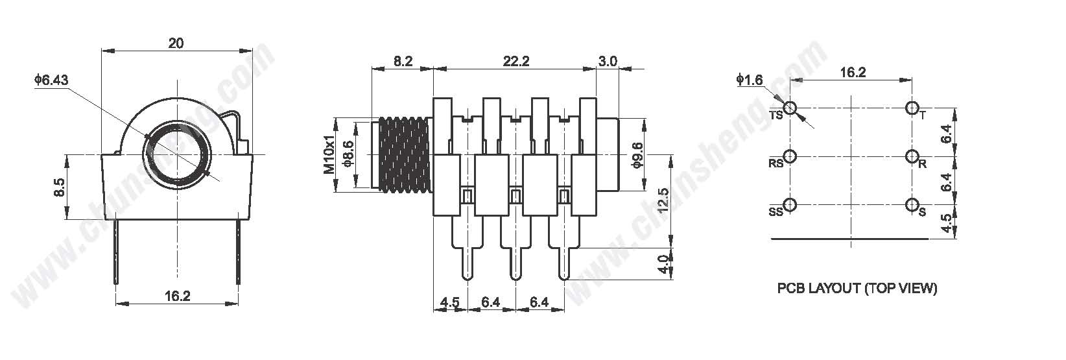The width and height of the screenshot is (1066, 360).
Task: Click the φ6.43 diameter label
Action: point(51,80)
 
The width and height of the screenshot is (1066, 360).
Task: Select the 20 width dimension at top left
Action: point(176,43)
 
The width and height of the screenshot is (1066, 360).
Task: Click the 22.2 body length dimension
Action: point(516,61)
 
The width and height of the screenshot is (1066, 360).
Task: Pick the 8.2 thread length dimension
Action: point(403,61)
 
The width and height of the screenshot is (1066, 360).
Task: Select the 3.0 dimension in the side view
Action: point(607,61)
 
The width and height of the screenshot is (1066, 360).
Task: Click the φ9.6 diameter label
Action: point(637,155)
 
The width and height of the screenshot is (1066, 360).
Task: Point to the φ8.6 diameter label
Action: point(349,154)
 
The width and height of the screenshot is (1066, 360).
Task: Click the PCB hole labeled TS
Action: point(790,108)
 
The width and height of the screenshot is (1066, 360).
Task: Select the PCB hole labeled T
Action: point(912,108)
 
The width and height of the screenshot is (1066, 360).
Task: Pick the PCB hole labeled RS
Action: point(790,156)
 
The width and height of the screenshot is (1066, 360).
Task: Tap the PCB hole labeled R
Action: point(912,156)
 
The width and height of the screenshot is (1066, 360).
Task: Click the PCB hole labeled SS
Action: point(790,205)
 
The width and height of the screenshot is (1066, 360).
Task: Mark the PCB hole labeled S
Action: point(912,205)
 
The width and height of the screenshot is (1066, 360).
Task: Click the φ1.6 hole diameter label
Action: point(750,80)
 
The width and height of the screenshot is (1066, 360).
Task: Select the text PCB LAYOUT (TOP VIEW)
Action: point(857,288)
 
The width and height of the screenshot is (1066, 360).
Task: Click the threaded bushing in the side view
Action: point(403,155)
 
